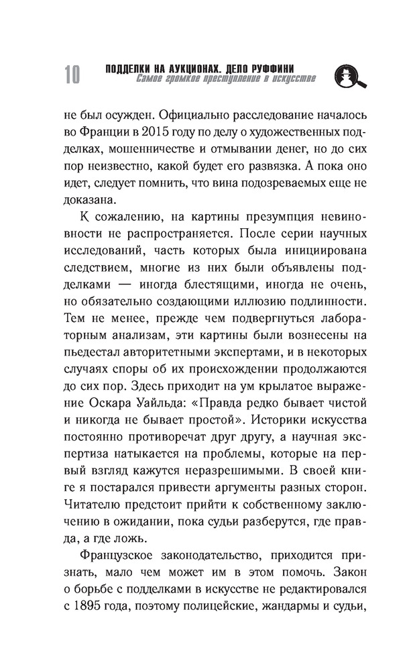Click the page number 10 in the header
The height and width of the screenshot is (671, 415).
click(72, 74)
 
